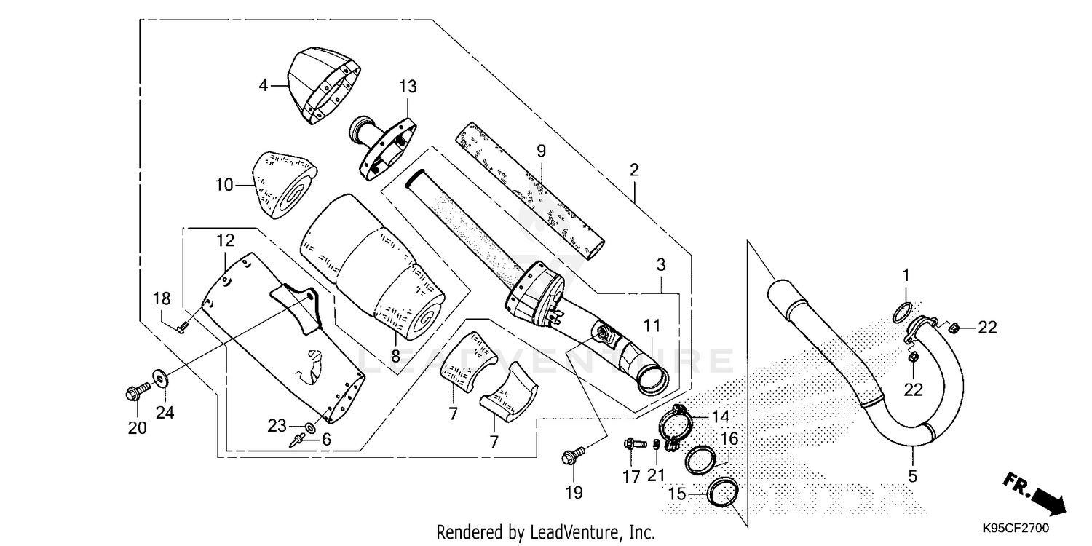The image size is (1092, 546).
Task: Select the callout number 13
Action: point(408,87)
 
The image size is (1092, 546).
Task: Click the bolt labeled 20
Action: point(137,395)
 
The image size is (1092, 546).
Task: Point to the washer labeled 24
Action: point(158,377)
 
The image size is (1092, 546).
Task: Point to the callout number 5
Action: point(912,477)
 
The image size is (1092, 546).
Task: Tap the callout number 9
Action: point(541,151)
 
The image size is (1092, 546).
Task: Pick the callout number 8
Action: point(395,357)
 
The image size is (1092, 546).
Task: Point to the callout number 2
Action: point(634,170)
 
